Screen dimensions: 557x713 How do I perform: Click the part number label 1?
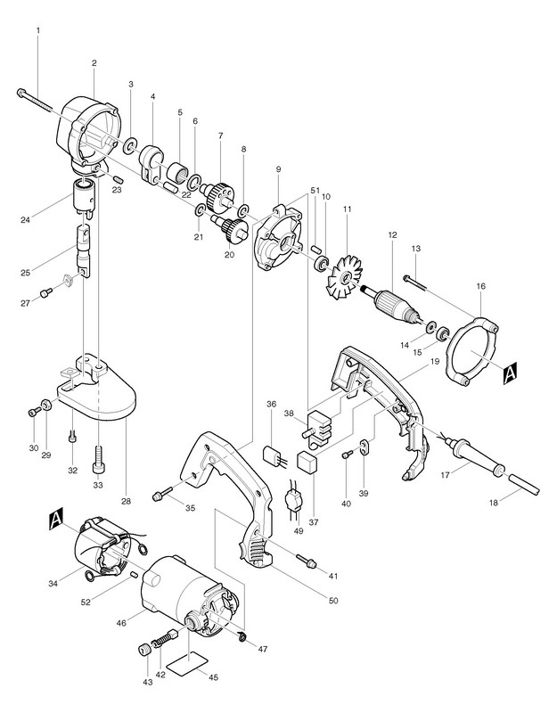pyautogui.click(x=38, y=30)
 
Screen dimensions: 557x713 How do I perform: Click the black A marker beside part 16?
pyautogui.click(x=511, y=373)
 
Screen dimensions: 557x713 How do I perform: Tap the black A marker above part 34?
pyautogui.click(x=55, y=520)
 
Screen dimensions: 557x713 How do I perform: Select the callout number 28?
pyautogui.click(x=126, y=501)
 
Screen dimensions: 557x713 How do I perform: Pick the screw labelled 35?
pyautogui.click(x=163, y=493)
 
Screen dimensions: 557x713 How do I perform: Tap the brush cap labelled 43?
pyautogui.click(x=144, y=651)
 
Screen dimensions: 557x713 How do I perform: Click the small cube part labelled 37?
pyautogui.click(x=307, y=463)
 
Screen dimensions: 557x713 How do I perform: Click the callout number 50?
pyautogui.click(x=333, y=601)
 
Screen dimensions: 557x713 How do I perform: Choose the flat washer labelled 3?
pyautogui.click(x=130, y=146)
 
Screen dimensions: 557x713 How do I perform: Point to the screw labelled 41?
pyautogui.click(x=307, y=560)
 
